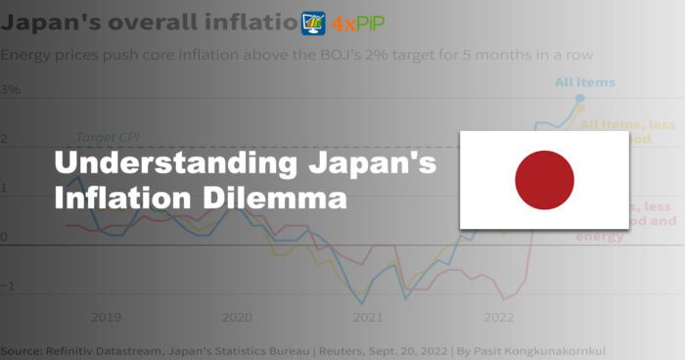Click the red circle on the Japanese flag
[x=544, y=180]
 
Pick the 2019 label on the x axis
[x=106, y=317]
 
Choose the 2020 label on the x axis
[x=237, y=317]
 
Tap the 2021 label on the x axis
[x=368, y=317]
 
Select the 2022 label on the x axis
[x=498, y=317]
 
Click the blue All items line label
[x=584, y=82]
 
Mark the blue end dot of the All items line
[x=580, y=98]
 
